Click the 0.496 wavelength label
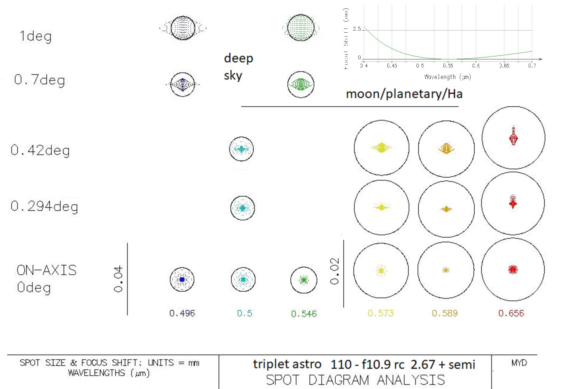[x=182, y=313]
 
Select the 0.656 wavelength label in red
[x=511, y=313]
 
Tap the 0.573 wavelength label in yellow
[x=380, y=313]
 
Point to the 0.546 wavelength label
[x=304, y=314]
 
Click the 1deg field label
[x=35, y=36]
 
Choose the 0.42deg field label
[x=40, y=150]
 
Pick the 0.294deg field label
[x=44, y=206]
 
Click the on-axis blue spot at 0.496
[x=182, y=279]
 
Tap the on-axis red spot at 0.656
[x=513, y=269]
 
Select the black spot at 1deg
[x=183, y=28]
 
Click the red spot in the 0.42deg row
[x=513, y=137]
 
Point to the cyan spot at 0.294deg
[x=242, y=208]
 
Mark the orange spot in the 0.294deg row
[x=446, y=209]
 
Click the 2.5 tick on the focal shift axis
[x=357, y=29]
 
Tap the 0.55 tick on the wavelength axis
[x=448, y=66]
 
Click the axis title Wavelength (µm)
[x=447, y=77]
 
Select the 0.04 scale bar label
[x=118, y=279]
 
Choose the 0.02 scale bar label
[x=334, y=271]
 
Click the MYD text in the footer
[x=519, y=363]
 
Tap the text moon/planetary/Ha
[x=404, y=94]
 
